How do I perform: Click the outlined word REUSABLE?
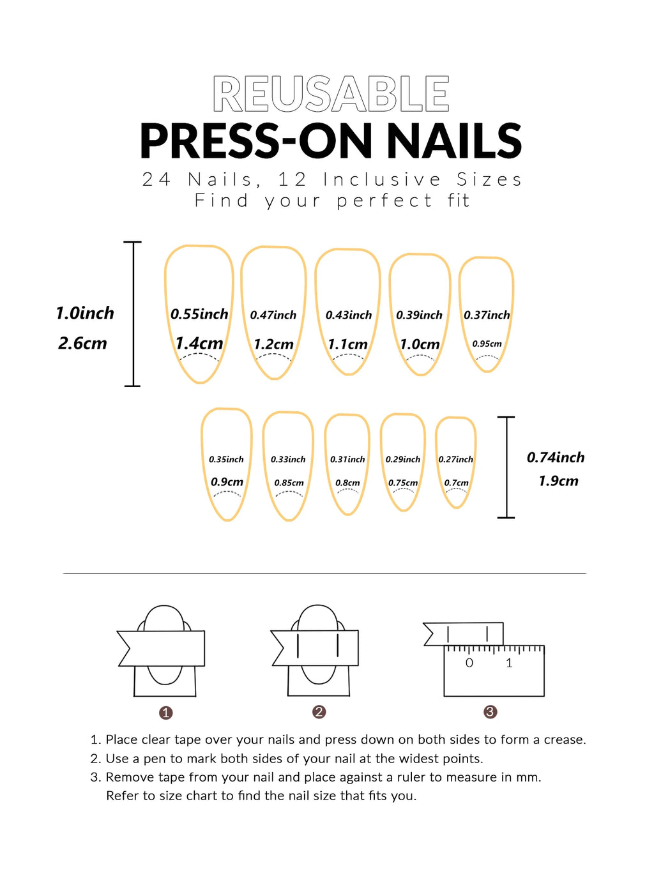pos(331,95)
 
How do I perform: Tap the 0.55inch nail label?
pos(199,314)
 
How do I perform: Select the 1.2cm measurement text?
pos(273,345)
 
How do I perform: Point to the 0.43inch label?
pos(349,315)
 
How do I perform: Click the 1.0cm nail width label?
pos(420,345)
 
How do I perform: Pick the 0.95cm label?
pos(487,344)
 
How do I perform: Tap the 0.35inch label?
pos(226,459)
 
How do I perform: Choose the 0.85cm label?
pos(289,483)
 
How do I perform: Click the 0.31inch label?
pos(347,459)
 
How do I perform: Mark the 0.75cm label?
pos(403,483)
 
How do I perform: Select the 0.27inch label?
pos(456,459)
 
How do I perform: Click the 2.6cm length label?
pos(82,344)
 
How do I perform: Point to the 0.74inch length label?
pos(556,457)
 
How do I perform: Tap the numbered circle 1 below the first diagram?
pos(166,713)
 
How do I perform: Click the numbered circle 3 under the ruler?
pos(490,712)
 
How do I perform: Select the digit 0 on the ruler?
pos(469,663)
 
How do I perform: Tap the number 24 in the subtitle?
pos(156,179)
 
